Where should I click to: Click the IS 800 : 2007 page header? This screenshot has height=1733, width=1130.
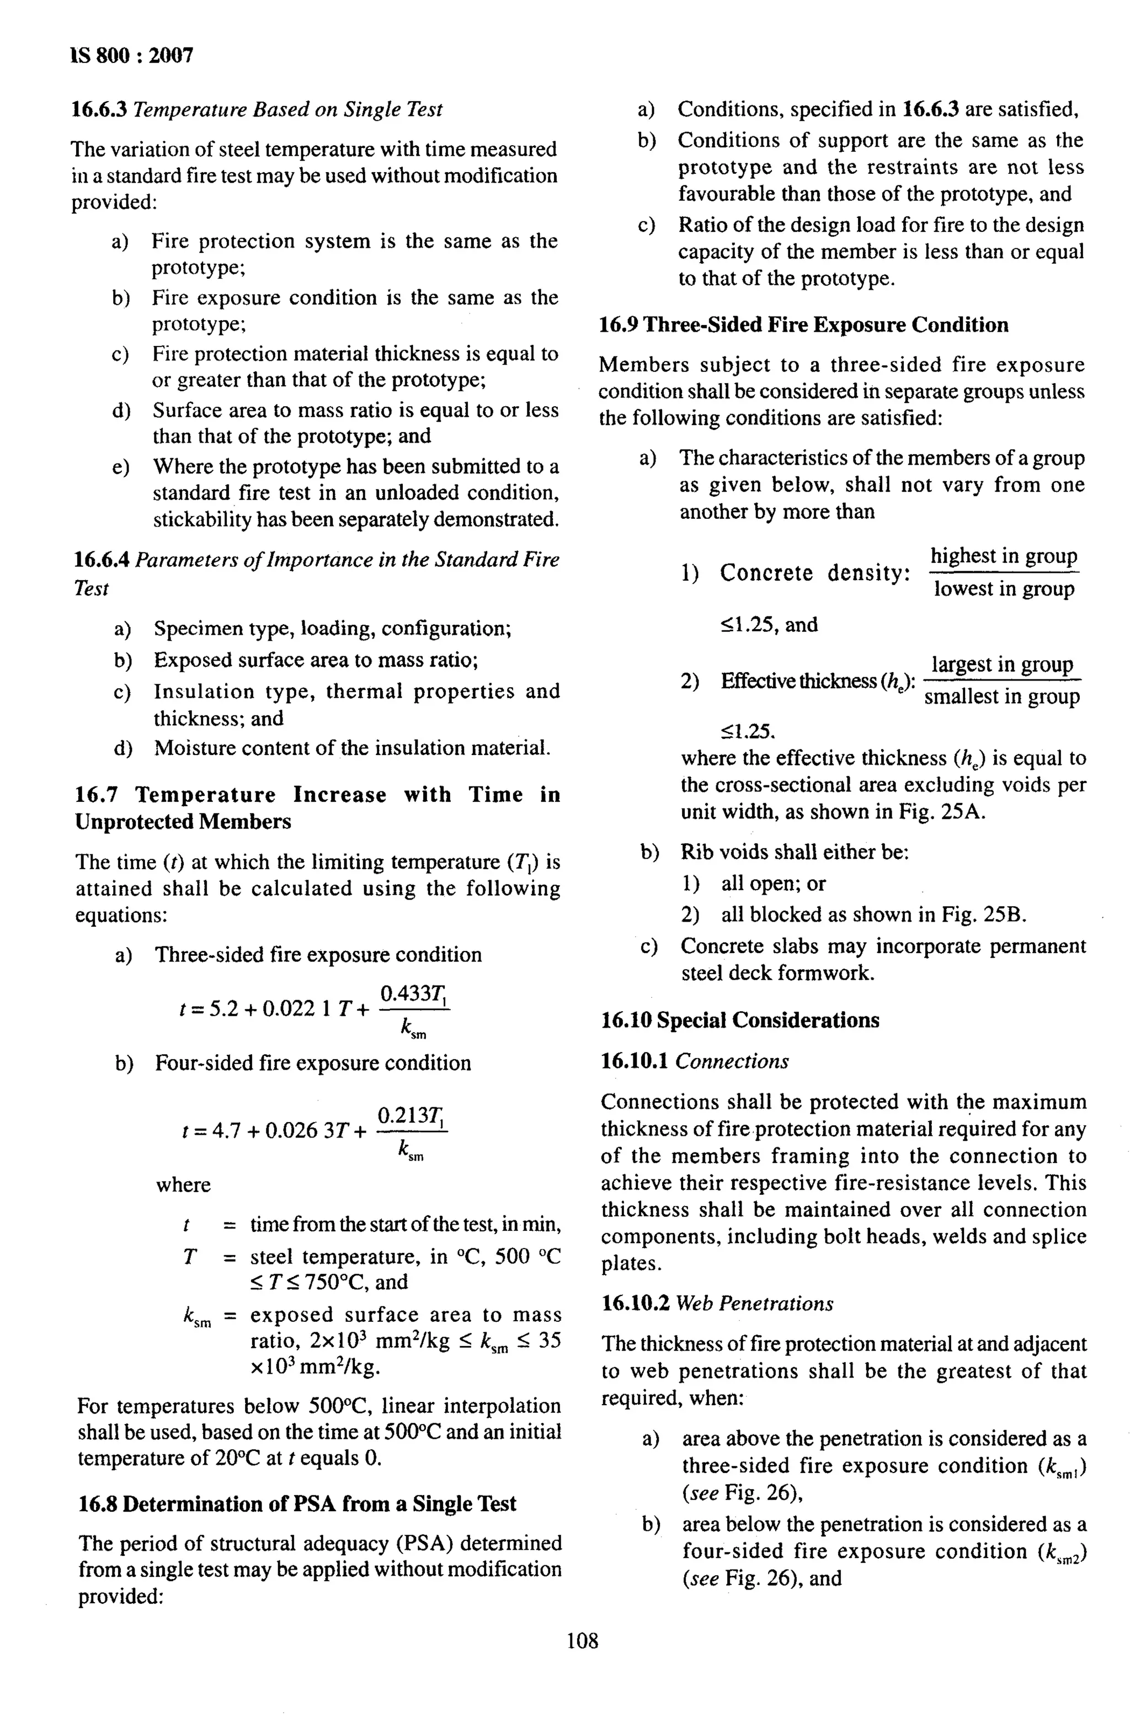(132, 56)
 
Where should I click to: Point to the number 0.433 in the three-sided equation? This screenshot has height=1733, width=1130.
(404, 993)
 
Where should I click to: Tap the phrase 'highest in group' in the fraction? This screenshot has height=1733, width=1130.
(1003, 556)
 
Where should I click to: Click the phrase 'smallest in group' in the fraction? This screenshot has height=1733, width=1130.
(1001, 697)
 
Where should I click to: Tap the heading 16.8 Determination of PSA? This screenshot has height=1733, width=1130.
(297, 1503)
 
